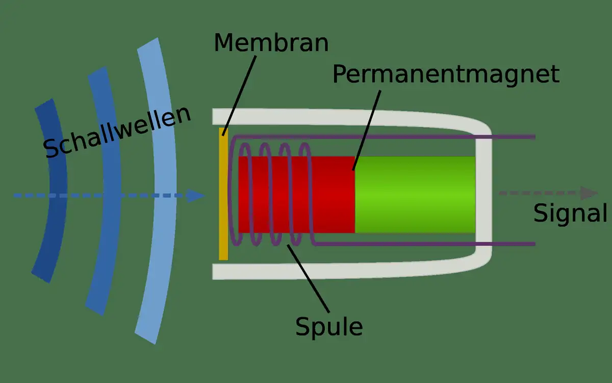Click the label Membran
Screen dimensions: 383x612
pyautogui.click(x=271, y=43)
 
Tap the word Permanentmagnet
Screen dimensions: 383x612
pyautogui.click(x=446, y=75)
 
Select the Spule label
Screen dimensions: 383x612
pyautogui.click(x=329, y=326)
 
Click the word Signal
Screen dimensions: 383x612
pyautogui.click(x=570, y=213)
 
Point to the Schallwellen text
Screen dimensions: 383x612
pyautogui.click(x=118, y=132)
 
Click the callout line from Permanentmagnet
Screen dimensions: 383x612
pyautogui.click(x=367, y=130)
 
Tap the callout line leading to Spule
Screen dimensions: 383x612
pyautogui.click(x=309, y=278)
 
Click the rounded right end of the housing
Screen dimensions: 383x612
pyautogui.click(x=484, y=194)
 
